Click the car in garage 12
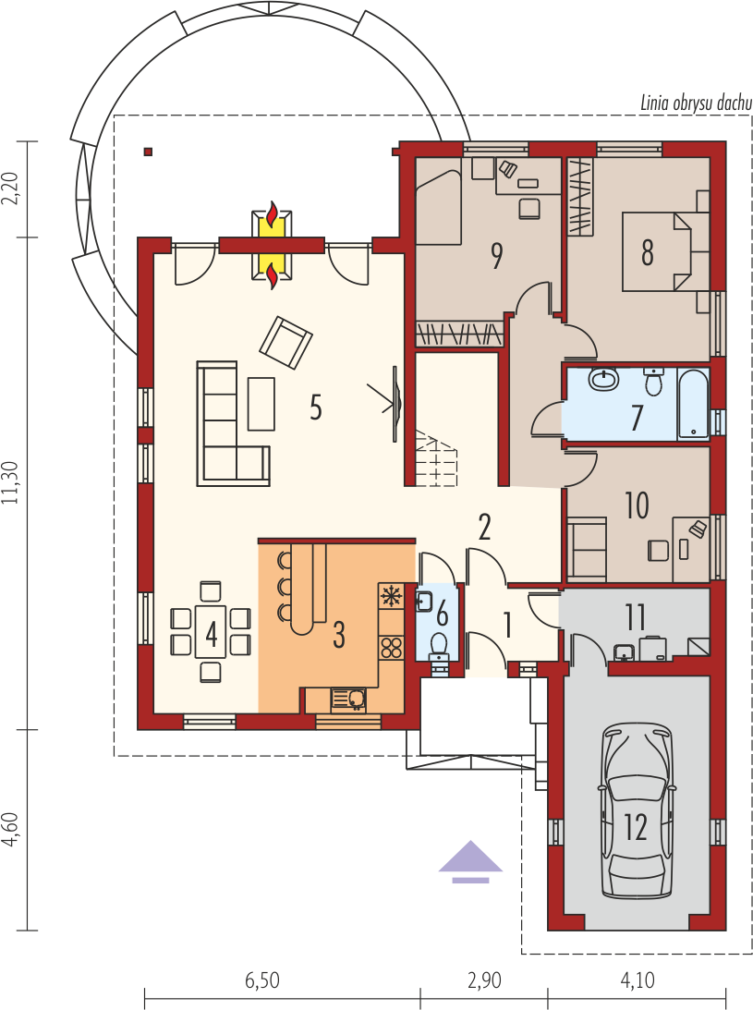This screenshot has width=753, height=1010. [x=637, y=811]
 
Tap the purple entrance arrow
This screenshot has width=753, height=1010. [x=471, y=860]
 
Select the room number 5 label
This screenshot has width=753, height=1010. [x=316, y=407]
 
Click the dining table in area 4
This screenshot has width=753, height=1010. [x=212, y=633]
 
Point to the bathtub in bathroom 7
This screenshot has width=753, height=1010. [x=693, y=404]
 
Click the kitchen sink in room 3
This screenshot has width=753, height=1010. [x=348, y=700]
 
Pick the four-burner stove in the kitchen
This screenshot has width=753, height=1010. [x=392, y=646]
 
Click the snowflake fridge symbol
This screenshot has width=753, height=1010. [x=392, y=596]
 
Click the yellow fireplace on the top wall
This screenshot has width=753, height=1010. [x=273, y=245]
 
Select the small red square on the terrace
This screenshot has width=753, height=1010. [x=148, y=152]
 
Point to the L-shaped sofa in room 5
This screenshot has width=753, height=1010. [x=222, y=434]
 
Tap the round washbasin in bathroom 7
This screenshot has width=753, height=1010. [x=606, y=380]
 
